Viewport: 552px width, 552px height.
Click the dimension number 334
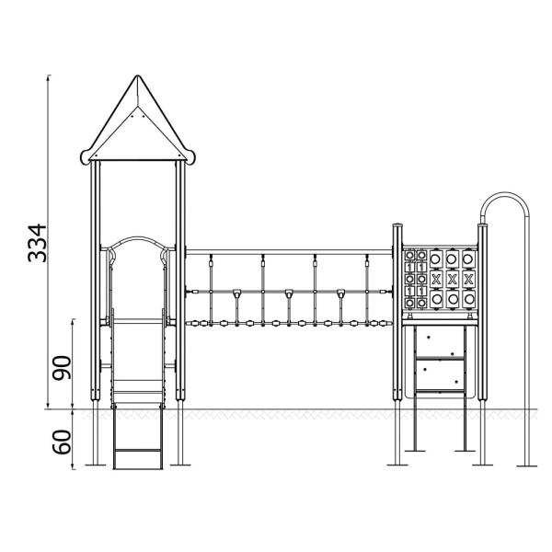[x=36, y=242]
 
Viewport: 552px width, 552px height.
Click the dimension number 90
[x=62, y=369]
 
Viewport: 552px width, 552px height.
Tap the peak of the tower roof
[x=137, y=78]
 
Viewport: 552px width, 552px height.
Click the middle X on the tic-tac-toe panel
[x=452, y=278]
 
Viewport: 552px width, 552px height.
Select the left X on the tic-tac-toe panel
[x=434, y=278]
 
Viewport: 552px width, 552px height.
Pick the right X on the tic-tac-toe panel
[x=469, y=278]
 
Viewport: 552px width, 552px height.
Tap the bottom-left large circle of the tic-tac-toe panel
[x=434, y=297]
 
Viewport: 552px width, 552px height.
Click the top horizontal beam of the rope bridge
[x=290, y=250]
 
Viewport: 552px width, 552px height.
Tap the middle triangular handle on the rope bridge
[x=289, y=294]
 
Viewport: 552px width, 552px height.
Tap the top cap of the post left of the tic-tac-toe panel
[x=397, y=225]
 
